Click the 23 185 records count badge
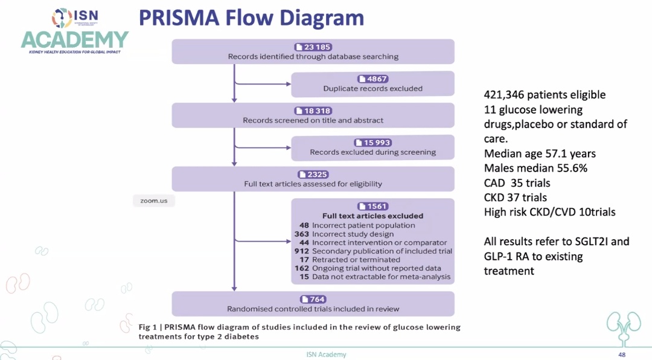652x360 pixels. click(x=313, y=47)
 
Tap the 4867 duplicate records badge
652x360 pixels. click(x=372, y=79)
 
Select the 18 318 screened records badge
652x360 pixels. click(x=313, y=111)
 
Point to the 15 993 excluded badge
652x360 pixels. click(x=372, y=143)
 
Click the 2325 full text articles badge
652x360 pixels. click(x=313, y=175)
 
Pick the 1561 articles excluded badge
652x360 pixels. click(x=372, y=206)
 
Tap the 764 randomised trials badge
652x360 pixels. click(x=313, y=299)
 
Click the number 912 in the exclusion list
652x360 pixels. click(x=302, y=251)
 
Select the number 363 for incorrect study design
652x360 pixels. click(x=302, y=234)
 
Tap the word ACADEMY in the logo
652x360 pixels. click(x=75, y=40)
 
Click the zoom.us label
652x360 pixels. click(x=153, y=201)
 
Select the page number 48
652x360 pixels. click(x=621, y=355)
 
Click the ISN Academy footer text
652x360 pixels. click(x=326, y=355)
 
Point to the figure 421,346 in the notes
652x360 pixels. click(x=506, y=95)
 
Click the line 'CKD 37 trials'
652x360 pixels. click(x=516, y=198)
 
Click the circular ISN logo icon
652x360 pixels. click(x=62, y=18)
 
